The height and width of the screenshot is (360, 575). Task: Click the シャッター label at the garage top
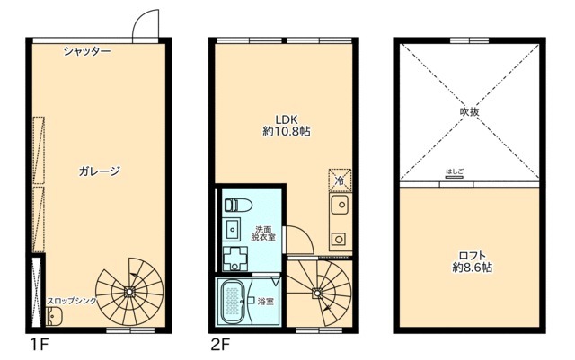tap(87, 52)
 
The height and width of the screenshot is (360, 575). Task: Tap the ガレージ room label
tap(99, 171)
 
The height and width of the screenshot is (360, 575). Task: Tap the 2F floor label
tap(220, 345)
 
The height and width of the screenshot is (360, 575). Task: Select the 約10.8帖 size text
tap(287, 131)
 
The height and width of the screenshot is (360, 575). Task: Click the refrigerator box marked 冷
tap(340, 180)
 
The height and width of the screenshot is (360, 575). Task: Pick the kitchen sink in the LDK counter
tap(340, 209)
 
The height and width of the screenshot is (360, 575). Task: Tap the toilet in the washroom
tap(232, 204)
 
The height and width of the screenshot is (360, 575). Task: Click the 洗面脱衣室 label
tap(264, 233)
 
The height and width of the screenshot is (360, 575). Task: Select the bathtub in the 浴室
tap(230, 302)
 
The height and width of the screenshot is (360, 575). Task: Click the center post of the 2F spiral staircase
tap(318, 292)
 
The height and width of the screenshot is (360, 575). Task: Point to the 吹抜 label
tap(469, 112)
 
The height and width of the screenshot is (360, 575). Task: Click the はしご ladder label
tap(455, 171)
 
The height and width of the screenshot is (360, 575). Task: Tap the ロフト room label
tap(471, 254)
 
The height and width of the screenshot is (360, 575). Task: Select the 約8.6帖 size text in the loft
tap(471, 268)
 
